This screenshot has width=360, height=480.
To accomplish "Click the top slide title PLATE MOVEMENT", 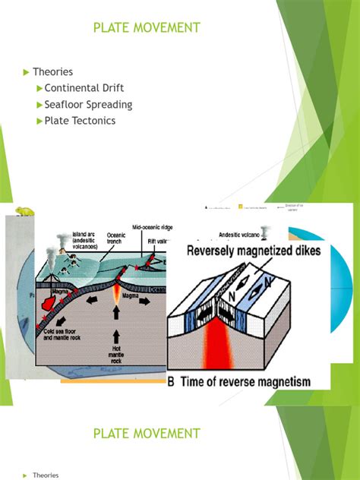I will tap(147, 28).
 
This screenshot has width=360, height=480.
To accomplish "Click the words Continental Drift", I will tap(84, 88).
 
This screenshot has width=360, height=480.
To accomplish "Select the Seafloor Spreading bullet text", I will tap(88, 105).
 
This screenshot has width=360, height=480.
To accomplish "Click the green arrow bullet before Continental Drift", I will tap(39, 89).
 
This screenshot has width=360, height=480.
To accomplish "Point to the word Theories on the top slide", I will tap(52, 72).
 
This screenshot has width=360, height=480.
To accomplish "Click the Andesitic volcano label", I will tap(222, 234).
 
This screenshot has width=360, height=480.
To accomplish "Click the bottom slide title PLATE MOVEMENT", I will tap(147, 434).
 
